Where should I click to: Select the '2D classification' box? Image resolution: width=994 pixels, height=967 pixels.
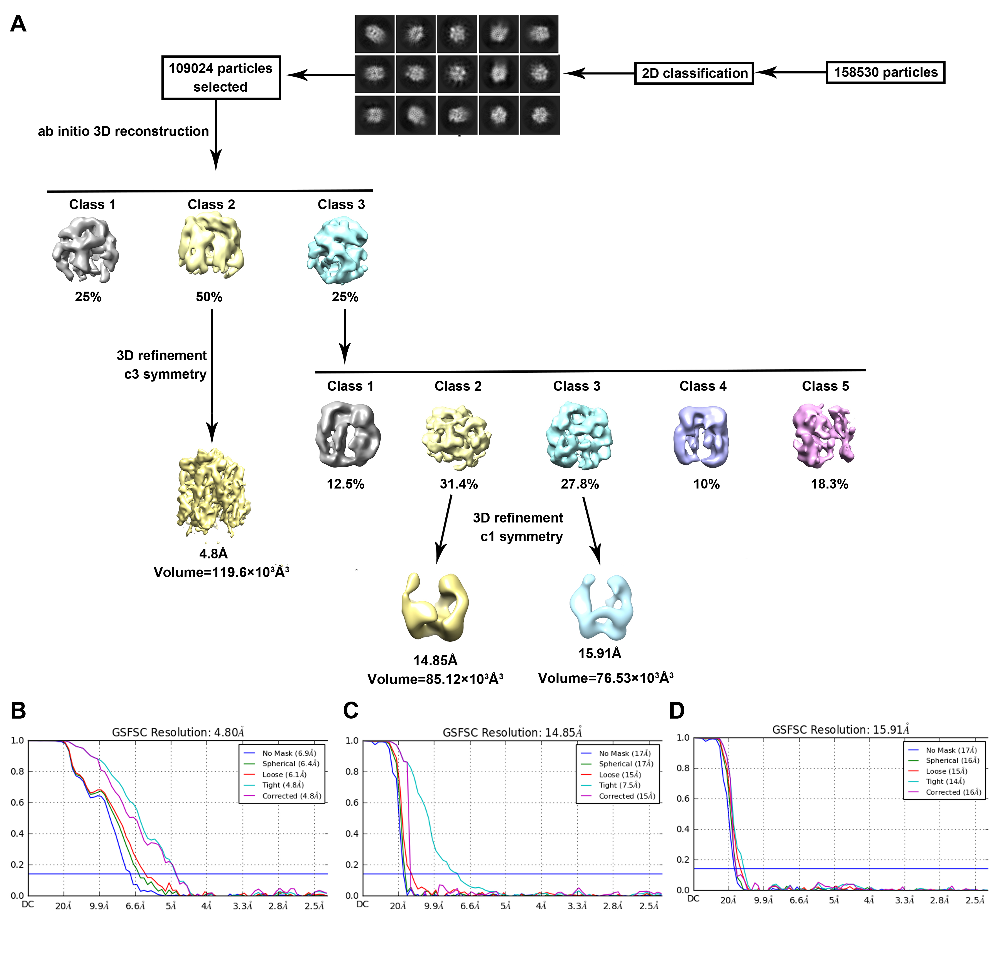(694, 74)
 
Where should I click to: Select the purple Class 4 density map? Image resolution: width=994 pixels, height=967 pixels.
(701, 436)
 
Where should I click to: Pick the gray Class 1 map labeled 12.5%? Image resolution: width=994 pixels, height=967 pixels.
(348, 434)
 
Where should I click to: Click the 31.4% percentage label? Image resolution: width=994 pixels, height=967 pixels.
(458, 484)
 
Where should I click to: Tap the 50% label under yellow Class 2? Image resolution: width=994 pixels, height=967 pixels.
(209, 297)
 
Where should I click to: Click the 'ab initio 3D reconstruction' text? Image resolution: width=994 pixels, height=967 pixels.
(123, 131)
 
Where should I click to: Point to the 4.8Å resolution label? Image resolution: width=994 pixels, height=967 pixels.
(213, 554)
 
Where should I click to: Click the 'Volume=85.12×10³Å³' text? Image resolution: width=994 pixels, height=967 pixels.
(435, 680)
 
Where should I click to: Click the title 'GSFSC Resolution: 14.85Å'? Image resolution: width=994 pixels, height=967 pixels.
(512, 732)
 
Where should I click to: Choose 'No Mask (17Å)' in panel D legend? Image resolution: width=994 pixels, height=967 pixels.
(951, 750)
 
